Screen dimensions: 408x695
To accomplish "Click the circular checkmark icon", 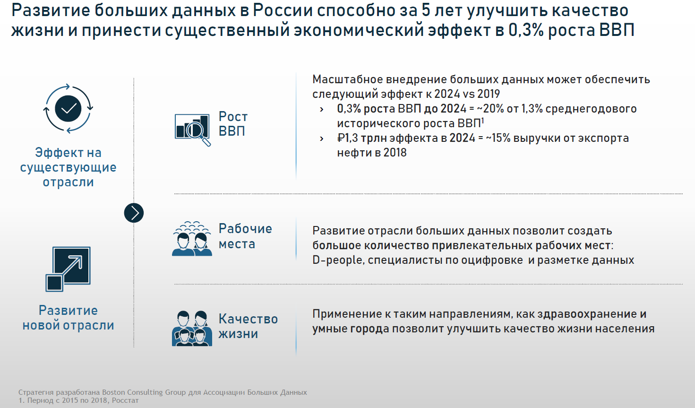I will pos(69,109).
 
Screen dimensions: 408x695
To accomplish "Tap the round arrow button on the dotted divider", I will pos(134,213).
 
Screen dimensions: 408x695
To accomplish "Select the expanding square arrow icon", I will pos(68,269).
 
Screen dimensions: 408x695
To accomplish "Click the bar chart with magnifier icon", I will pos(192,129).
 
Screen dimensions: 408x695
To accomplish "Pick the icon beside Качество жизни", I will pos(192,328).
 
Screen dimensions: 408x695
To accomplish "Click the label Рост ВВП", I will pos(232,124).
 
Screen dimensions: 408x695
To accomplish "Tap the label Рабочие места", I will pos(245,236).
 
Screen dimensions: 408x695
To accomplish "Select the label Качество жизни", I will pos(248,326).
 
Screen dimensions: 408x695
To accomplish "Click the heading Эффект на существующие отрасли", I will pos(68,167).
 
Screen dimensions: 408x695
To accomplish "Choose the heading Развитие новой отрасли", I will pos(68,318).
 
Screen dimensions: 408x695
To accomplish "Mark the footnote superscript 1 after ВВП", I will pos(482,121).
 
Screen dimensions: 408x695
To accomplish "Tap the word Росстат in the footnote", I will pos(125,400).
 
